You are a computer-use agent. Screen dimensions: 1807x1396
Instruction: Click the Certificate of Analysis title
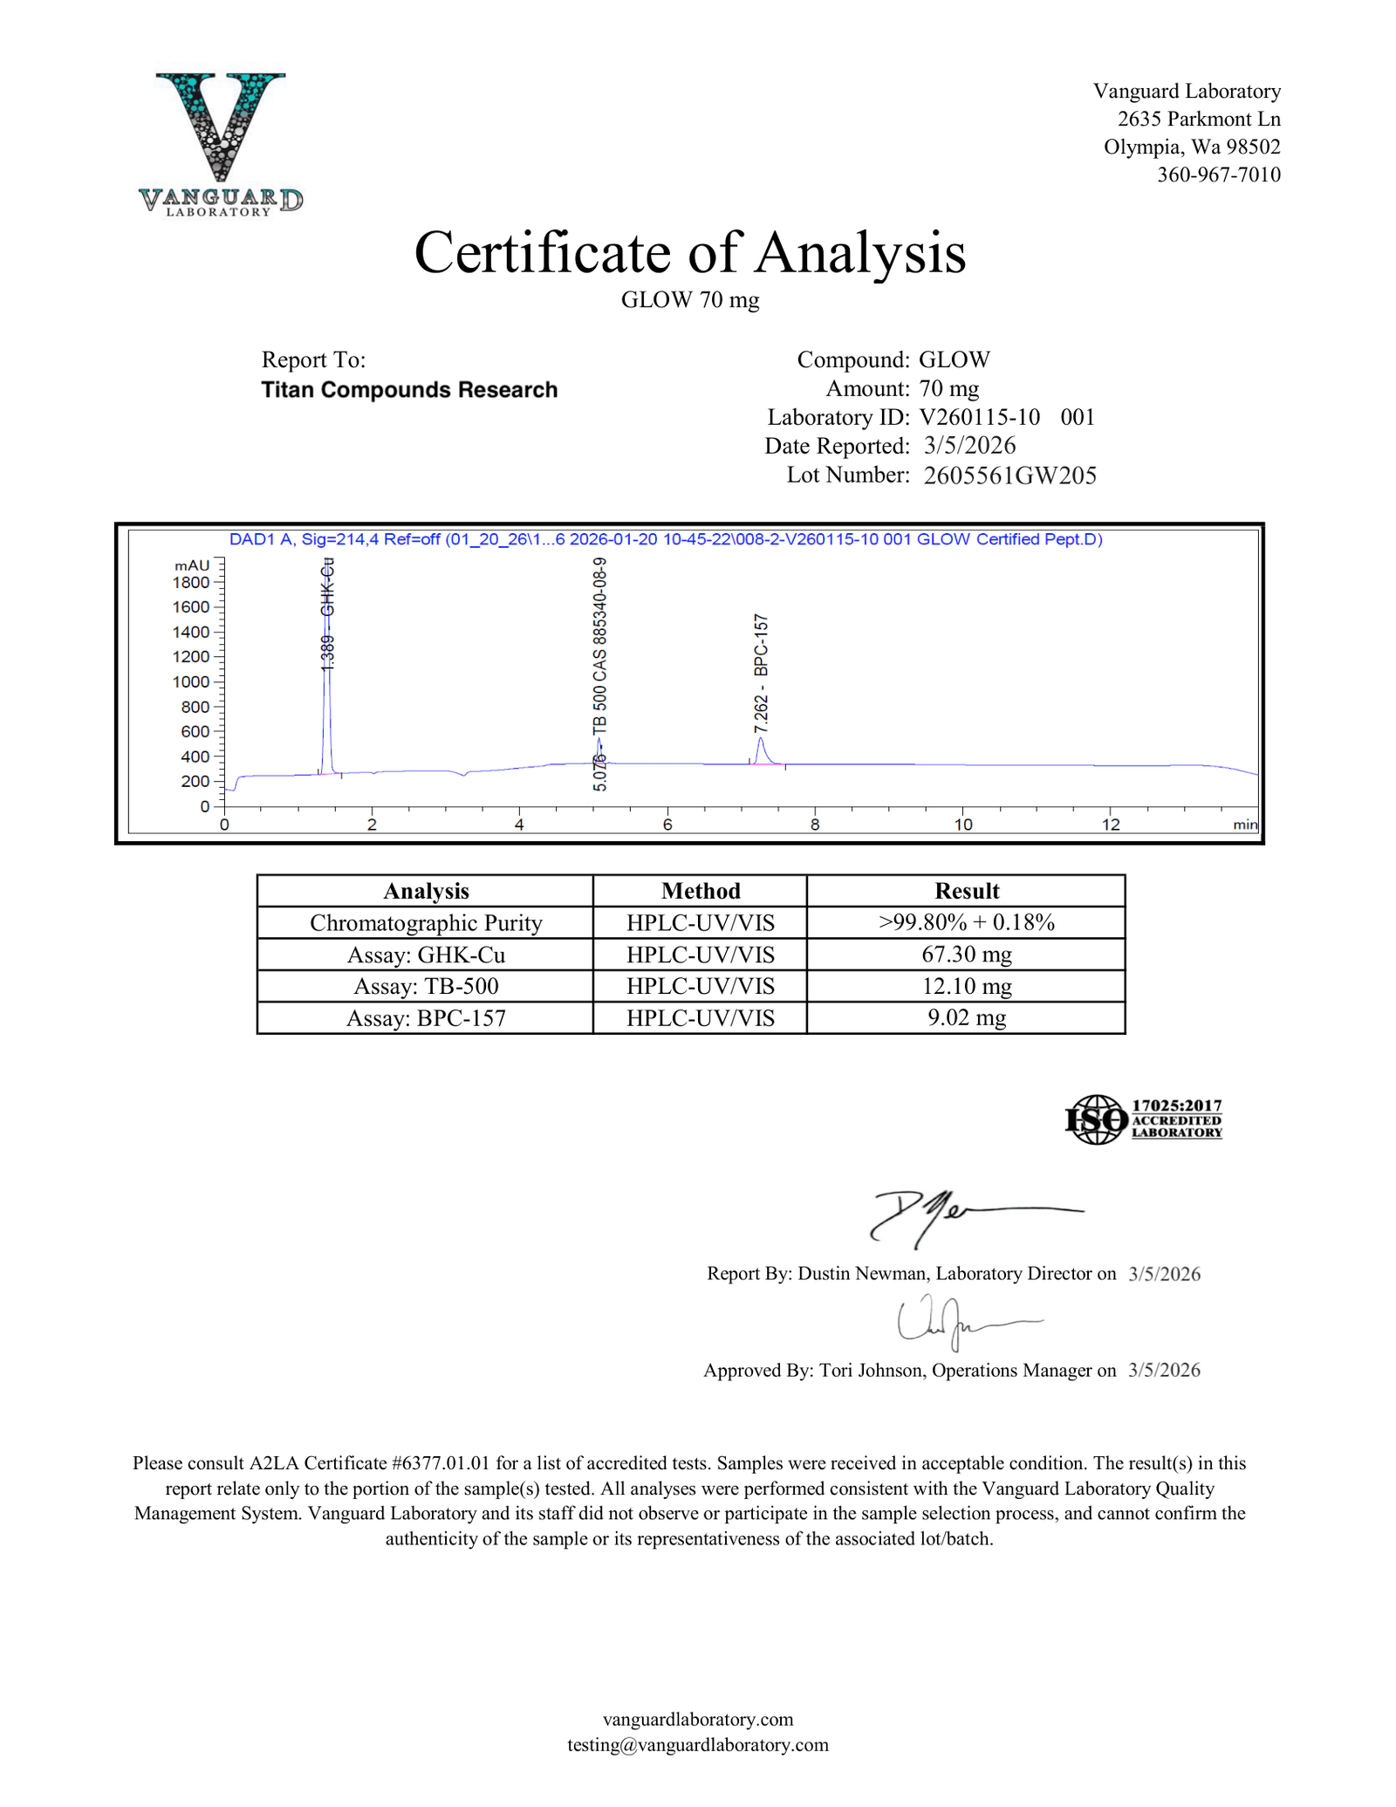tap(690, 253)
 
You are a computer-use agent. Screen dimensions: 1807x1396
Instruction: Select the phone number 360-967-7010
tap(1218, 175)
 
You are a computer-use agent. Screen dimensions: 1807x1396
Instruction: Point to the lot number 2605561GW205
tap(1009, 476)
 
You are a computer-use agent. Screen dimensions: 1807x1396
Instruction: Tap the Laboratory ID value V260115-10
tap(979, 417)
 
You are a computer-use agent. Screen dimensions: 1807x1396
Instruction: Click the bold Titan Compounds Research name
tap(409, 390)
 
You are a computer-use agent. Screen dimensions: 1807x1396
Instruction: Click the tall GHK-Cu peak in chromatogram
tap(326, 681)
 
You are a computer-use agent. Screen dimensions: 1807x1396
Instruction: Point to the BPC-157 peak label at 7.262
tap(762, 673)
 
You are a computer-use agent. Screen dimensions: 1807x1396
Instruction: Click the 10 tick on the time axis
tap(962, 825)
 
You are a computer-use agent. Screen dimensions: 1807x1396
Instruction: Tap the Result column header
tap(966, 891)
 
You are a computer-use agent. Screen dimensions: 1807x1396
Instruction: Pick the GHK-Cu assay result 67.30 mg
tap(966, 955)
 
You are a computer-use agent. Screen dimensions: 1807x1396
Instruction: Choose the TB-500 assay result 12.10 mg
tap(966, 987)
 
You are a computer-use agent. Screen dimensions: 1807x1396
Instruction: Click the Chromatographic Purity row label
tap(426, 923)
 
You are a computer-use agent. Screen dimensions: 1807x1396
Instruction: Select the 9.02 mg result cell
tap(966, 1018)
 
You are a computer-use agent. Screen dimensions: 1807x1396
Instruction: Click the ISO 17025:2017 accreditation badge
tap(1143, 1119)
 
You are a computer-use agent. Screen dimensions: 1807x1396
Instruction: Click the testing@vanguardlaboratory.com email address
tap(697, 1744)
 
